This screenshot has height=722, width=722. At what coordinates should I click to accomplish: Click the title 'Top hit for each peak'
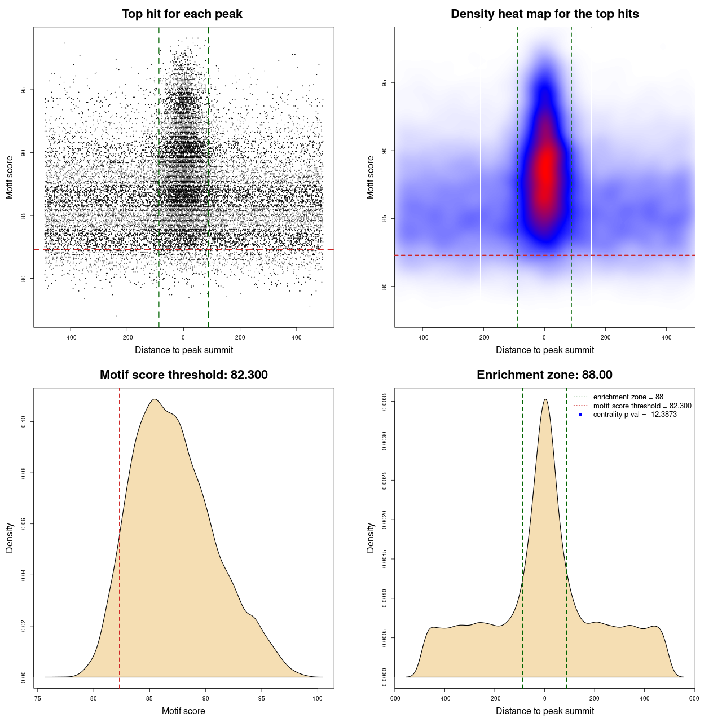[x=182, y=14]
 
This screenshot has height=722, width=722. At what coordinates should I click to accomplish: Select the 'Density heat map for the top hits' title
[x=544, y=14]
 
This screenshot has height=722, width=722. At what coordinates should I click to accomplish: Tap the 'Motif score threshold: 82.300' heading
[x=183, y=375]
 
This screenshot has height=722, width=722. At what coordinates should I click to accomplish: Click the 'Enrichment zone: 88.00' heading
[x=544, y=375]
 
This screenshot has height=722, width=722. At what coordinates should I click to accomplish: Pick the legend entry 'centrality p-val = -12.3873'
[x=635, y=415]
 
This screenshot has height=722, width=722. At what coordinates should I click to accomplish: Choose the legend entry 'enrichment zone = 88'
[x=628, y=397]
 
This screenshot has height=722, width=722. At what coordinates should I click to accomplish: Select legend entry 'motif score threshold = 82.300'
[x=642, y=406]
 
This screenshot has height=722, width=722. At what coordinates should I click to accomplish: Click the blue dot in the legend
[x=580, y=415]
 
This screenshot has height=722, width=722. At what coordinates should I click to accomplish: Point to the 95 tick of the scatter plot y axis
[x=24, y=90]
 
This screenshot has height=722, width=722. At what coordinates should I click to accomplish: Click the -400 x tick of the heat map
[x=422, y=337]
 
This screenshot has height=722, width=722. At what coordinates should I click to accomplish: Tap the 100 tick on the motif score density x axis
[x=318, y=698]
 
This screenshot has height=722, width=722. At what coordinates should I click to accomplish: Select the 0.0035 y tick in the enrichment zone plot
[x=385, y=402]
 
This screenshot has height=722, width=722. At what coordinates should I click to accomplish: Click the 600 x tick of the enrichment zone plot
[x=694, y=698]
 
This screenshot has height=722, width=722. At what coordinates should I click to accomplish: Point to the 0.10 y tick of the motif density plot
[x=24, y=421]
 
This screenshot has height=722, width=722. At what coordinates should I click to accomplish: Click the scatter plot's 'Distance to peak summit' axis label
[x=184, y=350]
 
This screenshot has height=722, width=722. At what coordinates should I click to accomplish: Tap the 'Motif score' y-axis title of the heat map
[x=371, y=177]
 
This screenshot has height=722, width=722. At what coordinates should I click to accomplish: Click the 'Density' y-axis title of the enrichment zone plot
[x=371, y=538]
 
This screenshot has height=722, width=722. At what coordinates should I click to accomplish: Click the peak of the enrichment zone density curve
[x=545, y=399]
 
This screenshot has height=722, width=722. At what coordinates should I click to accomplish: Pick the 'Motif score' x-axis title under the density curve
[x=183, y=711]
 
